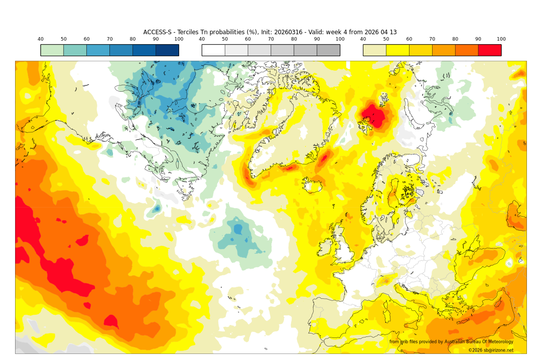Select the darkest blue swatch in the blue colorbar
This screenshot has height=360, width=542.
[x=167, y=50]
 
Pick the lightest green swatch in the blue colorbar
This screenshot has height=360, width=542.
[x=52, y=50]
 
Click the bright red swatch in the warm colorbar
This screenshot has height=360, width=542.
[x=489, y=50]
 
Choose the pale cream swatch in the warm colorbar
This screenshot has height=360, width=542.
[x=374, y=50]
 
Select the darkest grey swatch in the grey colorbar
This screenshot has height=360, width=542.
[x=328, y=50]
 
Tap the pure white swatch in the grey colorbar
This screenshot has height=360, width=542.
[x=213, y=50]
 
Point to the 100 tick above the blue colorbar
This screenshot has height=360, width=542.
[x=179, y=39]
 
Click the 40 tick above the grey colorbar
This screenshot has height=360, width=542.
[x=202, y=39]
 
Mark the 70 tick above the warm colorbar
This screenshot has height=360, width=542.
[x=432, y=39]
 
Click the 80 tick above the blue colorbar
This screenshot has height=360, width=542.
[x=132, y=39]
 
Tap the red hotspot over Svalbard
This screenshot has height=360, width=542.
[x=375, y=116]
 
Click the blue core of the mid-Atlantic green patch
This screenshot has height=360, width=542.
[x=237, y=229]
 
